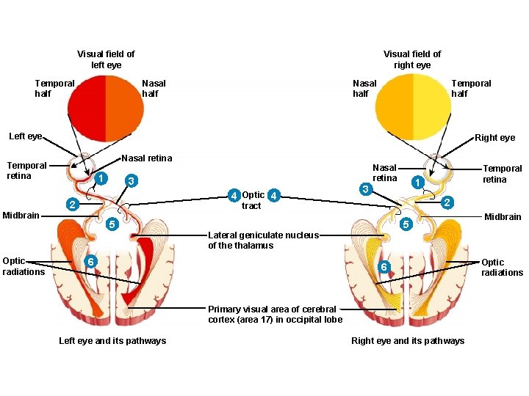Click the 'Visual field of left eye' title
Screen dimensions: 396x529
tap(106, 59)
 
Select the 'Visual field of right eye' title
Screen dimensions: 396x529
tap(412, 59)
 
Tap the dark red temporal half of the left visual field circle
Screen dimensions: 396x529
tap(87, 108)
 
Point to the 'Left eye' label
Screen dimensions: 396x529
tap(25, 136)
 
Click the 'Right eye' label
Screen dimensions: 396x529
tap(495, 137)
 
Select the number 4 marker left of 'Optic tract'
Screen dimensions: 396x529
tap(233, 196)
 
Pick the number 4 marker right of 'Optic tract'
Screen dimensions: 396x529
tap(273, 196)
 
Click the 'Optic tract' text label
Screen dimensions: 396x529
tap(253, 201)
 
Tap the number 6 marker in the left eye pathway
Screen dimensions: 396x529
tap(89, 263)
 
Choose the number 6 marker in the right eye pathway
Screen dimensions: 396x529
tap(383, 268)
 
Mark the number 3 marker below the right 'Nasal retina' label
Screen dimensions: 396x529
tap(365, 189)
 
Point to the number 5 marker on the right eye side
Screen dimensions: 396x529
tap(405, 223)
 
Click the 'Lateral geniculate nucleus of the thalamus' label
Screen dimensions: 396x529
tap(263, 241)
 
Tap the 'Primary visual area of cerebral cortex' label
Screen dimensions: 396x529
tap(275, 314)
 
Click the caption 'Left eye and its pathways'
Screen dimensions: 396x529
tap(112, 340)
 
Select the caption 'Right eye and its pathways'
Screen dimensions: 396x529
tap(408, 340)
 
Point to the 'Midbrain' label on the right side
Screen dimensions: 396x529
tap(503, 216)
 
